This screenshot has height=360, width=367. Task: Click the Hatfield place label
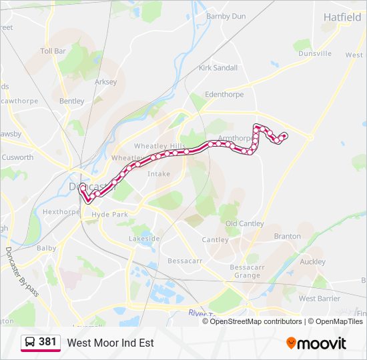[x=342, y=17]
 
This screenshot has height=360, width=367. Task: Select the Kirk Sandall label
[x=218, y=68]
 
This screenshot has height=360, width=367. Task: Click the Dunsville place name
[x=315, y=53]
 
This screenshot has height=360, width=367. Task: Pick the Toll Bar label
[x=53, y=51]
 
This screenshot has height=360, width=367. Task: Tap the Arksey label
[x=106, y=82]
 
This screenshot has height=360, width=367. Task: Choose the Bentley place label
[x=72, y=101]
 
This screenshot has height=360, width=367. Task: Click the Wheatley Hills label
[x=160, y=146]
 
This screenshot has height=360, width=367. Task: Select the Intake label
[x=159, y=173]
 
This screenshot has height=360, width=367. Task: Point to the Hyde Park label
[x=109, y=215]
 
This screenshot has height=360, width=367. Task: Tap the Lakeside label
[x=144, y=239]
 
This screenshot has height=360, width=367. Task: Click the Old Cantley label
[x=244, y=223]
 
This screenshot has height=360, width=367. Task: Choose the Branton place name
[x=287, y=236]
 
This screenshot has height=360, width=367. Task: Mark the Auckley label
[x=312, y=262]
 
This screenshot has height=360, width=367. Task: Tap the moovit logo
[x=316, y=343]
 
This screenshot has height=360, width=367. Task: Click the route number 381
[x=47, y=342]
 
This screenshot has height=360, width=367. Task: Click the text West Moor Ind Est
[x=110, y=343]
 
